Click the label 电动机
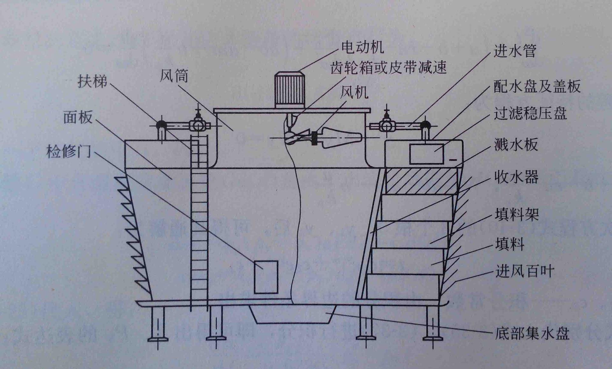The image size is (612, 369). point(362,48)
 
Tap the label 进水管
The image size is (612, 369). point(515,51)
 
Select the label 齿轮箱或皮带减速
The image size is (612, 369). point(388,68)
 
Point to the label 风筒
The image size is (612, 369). point(174,76)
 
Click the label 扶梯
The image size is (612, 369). point(92,82)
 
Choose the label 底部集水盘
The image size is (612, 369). point(532,334)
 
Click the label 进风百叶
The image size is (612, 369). point(525,271)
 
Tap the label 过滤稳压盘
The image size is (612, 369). point(530,113)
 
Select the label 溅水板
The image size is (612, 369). point(516,145)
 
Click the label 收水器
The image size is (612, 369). point(516,177)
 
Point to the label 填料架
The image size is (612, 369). point(517,214)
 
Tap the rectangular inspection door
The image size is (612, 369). point(266,277)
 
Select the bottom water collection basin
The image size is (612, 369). point(293,314)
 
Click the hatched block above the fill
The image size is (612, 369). point(421,181)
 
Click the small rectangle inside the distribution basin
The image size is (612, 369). point(426,154)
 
